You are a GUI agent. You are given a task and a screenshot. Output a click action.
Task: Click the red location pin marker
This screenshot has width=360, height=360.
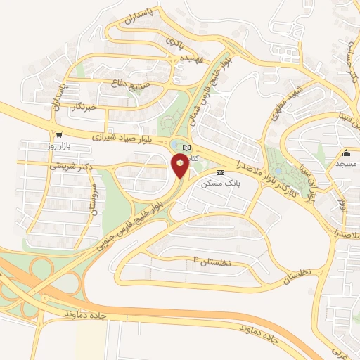(180, 165)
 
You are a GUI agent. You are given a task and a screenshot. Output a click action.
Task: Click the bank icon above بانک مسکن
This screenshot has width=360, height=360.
(220, 172)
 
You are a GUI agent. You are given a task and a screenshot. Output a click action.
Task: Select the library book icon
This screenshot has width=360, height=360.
(186, 147)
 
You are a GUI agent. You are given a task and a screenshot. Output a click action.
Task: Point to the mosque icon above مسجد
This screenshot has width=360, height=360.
(346, 153)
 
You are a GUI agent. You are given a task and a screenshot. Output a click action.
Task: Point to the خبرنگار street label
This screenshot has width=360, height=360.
(83, 107)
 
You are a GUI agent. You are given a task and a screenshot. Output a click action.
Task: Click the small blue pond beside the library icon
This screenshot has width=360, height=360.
(175, 146)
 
